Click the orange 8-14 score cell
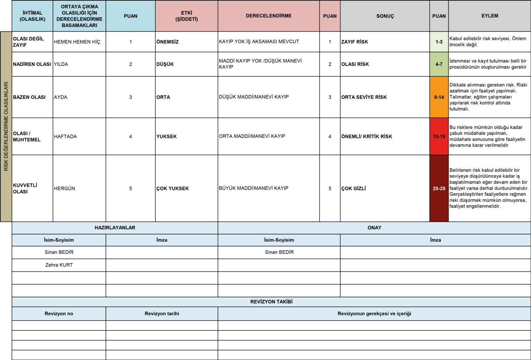[x=439, y=97]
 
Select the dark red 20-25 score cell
[x=439, y=188]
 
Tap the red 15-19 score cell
[x=439, y=136]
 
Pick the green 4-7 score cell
[x=439, y=64]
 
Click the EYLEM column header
[x=490, y=16]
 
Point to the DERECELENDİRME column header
[x=268, y=16]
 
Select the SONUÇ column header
[x=385, y=16]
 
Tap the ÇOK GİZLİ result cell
[x=353, y=188]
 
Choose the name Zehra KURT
[x=59, y=265]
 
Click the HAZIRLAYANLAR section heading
[x=115, y=228]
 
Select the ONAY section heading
[x=374, y=228]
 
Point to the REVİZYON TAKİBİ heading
[x=271, y=302]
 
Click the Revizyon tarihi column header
[x=162, y=314]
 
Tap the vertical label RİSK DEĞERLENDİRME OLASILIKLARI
[x=6, y=126]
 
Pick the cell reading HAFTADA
[x=65, y=136]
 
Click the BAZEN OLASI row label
[x=29, y=97]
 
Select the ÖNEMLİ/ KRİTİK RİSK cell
[x=367, y=136]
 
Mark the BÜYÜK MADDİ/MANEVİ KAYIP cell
[x=254, y=188]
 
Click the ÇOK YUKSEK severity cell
[x=173, y=188]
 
